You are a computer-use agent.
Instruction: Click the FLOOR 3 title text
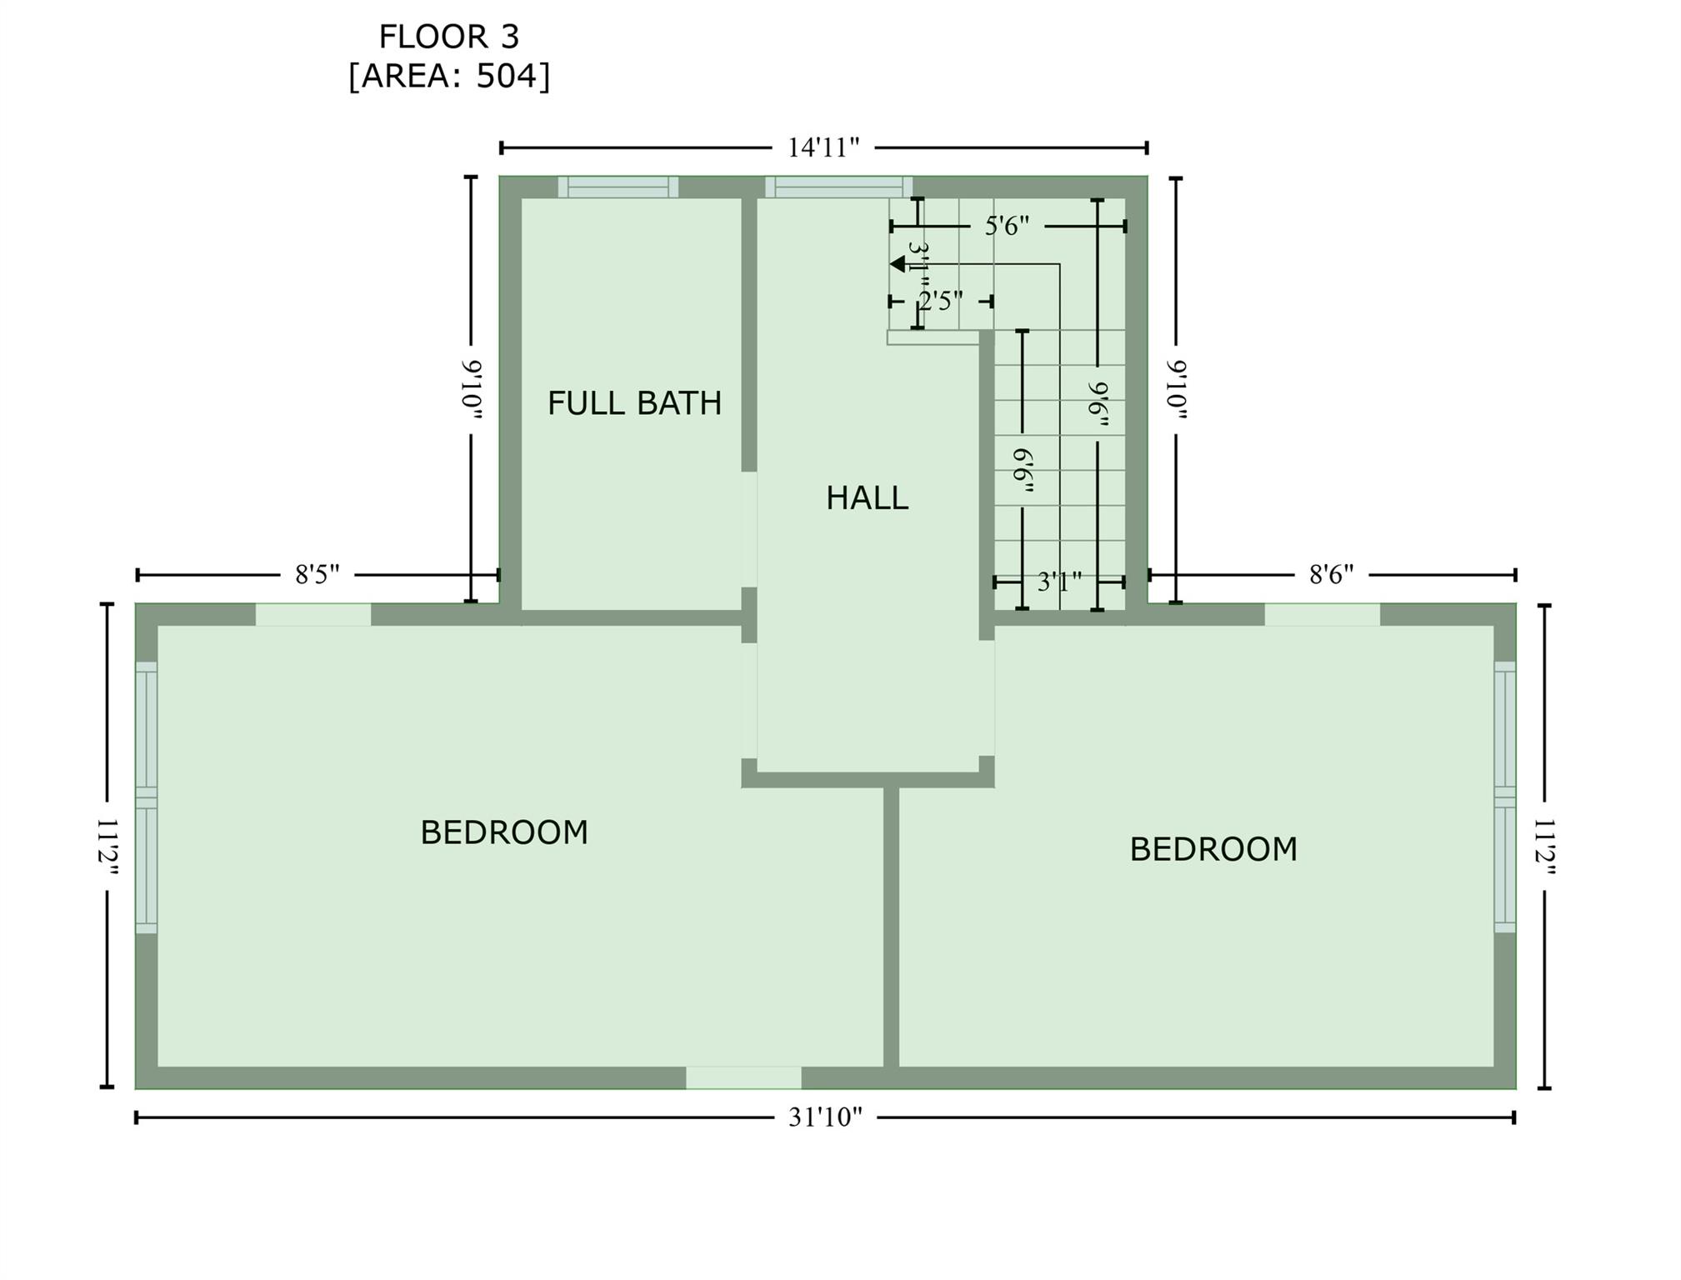click(449, 37)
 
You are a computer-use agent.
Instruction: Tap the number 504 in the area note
click(508, 76)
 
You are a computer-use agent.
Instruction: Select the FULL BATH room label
click(634, 403)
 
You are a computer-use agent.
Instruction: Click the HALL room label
click(867, 498)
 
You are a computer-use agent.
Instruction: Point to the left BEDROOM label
click(504, 832)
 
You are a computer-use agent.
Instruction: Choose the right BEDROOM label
click(1213, 849)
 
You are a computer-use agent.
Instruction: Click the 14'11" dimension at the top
click(823, 148)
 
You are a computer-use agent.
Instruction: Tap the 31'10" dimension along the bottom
click(825, 1117)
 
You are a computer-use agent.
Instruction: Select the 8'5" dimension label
click(318, 575)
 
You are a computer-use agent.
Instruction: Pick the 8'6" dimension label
click(1332, 575)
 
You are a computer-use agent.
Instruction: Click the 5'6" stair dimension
click(1007, 226)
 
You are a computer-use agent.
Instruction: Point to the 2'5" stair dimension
click(941, 301)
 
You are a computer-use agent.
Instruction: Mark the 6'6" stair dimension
click(1023, 472)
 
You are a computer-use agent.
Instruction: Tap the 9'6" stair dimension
click(1098, 405)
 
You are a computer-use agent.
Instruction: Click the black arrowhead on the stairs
click(898, 264)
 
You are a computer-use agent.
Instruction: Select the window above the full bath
click(618, 187)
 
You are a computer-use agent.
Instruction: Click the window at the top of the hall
click(838, 187)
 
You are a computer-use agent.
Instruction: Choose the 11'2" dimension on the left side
click(108, 847)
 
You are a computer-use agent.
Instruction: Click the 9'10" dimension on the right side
click(1177, 390)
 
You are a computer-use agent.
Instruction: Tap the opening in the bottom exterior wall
click(743, 1077)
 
